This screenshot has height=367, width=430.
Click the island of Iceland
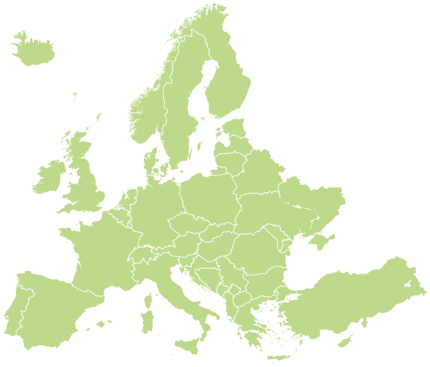pyautogui.click(x=32, y=50)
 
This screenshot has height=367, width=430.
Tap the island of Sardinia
pyautogui.click(x=148, y=315)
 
